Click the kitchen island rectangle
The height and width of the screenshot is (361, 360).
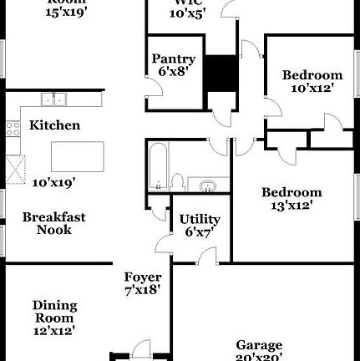78,156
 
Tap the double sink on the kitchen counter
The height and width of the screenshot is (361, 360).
54,99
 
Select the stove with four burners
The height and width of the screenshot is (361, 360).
13,128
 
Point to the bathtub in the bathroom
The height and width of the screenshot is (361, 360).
158,165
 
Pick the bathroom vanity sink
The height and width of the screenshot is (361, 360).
206,184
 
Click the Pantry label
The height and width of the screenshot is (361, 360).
174,59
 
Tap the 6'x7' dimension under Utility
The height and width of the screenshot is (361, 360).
200,231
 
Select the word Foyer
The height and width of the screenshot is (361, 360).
142,277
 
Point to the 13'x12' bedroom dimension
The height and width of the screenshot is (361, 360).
292,205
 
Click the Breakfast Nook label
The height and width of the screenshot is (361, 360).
53,223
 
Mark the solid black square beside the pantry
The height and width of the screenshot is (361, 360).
221,72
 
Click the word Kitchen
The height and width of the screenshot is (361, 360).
55,125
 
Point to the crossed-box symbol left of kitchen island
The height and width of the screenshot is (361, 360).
14,170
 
